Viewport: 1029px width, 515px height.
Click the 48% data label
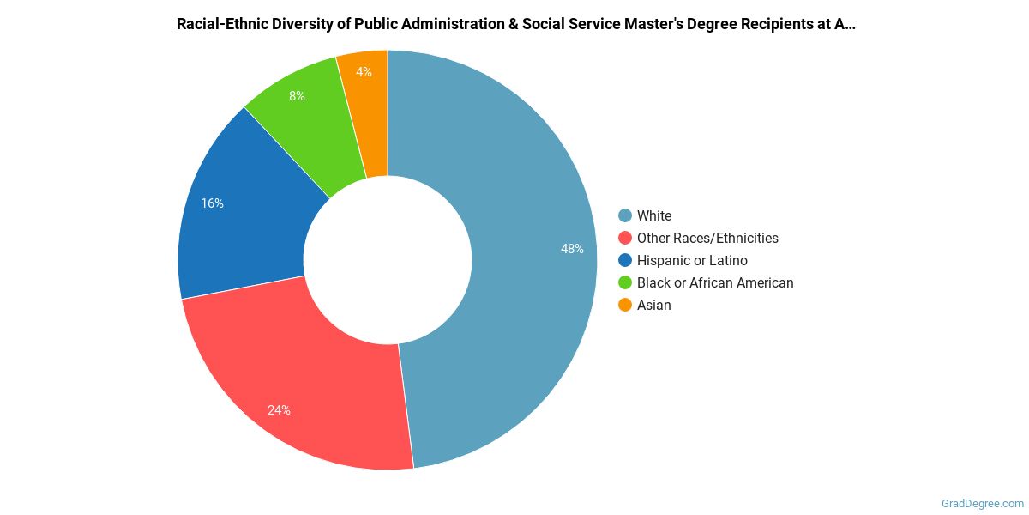pyautogui.click(x=572, y=249)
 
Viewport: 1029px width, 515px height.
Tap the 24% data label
pyautogui.click(x=279, y=410)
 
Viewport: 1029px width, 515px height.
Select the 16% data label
pyautogui.click(x=213, y=203)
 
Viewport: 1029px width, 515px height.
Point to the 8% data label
pyautogui.click(x=297, y=96)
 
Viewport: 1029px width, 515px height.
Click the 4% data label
pyautogui.click(x=364, y=72)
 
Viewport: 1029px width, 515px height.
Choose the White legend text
pyautogui.click(x=654, y=215)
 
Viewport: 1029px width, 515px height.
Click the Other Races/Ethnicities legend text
pyautogui.click(x=707, y=238)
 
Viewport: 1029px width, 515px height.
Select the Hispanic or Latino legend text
pyautogui.click(x=692, y=260)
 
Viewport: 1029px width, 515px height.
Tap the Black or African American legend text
pyautogui.click(x=715, y=282)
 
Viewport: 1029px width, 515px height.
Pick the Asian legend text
pyautogui.click(x=654, y=305)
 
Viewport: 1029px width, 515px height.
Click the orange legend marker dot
pyautogui.click(x=625, y=305)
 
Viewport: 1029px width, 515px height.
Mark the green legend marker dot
pyautogui.click(x=625, y=282)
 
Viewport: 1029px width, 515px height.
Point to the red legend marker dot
pyautogui.click(x=625, y=238)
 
